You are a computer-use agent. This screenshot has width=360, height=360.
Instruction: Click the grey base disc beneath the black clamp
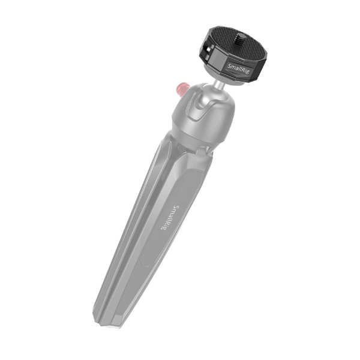[x=231, y=81]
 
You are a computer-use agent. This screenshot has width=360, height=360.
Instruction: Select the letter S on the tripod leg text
[x=175, y=208]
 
